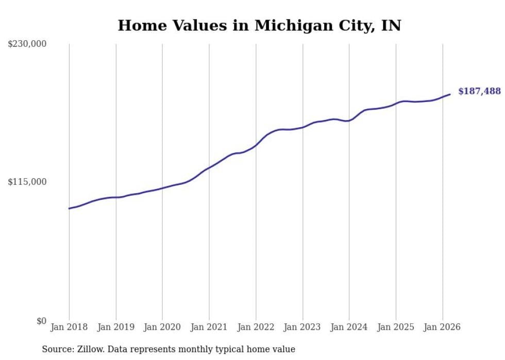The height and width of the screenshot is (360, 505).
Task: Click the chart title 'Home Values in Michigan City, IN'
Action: pos(259,25)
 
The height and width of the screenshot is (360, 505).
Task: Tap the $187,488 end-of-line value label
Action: pos(479,91)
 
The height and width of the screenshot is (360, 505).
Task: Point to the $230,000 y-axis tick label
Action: pos(27,44)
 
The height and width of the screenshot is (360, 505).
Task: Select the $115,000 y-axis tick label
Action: pos(27,182)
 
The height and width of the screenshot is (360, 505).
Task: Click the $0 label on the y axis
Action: pos(41,321)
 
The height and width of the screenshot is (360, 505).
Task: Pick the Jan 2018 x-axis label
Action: pos(69,327)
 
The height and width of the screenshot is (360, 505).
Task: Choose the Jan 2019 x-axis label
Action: pos(116,327)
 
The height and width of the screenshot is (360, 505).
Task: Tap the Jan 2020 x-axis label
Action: pos(162,327)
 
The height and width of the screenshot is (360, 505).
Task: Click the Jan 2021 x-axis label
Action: pos(209,327)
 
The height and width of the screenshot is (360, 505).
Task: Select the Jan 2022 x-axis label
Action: pos(256,327)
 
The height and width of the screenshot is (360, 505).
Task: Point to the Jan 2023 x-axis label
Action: pos(302,327)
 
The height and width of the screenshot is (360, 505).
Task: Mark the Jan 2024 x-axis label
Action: pos(349,327)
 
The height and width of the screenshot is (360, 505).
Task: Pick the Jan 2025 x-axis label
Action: pos(396,327)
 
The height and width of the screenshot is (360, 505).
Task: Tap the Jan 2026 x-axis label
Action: pos(442,327)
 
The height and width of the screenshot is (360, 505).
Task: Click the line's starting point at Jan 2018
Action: pos(69,209)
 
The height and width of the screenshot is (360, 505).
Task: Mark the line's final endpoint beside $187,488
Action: pos(450,94)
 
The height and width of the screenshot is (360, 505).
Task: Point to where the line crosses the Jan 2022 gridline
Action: pos(256,145)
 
